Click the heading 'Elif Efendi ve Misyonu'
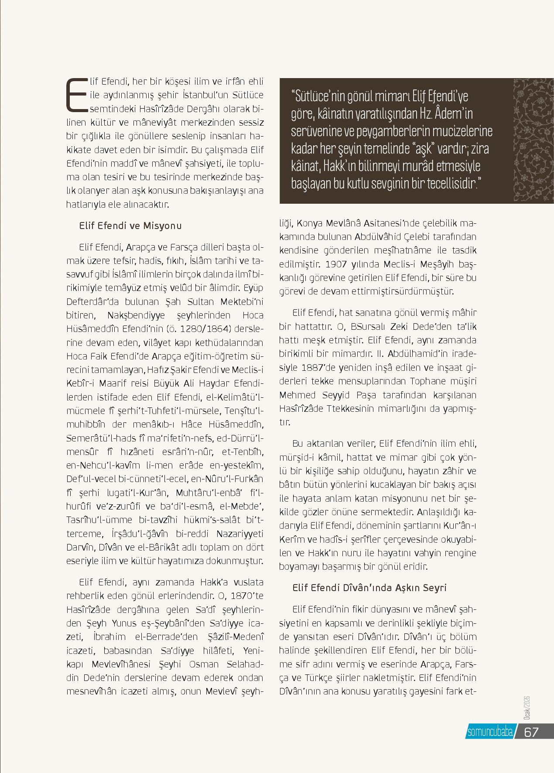tap(130, 226)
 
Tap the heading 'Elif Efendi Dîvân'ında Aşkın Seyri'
tap(369, 588)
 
